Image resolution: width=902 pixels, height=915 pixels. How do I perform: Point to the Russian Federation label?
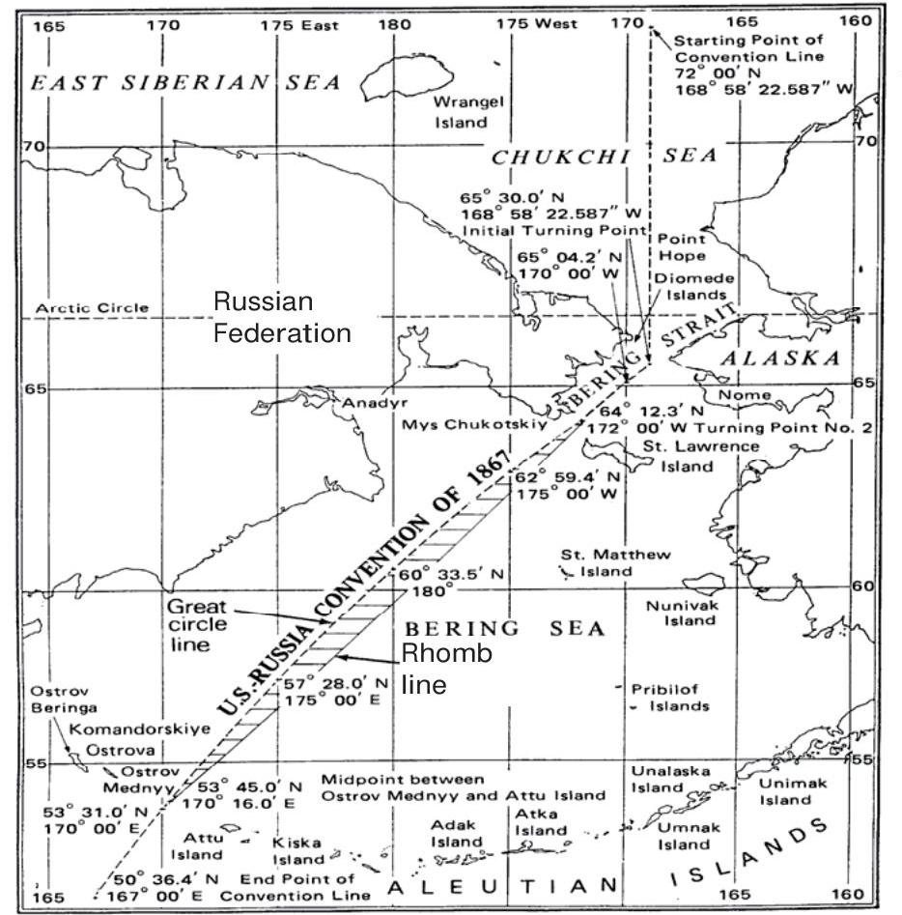tap(282, 317)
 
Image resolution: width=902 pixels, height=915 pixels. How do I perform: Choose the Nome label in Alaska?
tap(745, 394)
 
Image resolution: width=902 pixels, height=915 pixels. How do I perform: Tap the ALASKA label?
tap(780, 357)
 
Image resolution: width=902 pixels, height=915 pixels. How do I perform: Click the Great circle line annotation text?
tap(197, 624)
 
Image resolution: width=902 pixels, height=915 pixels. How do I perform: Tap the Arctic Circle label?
tap(93, 308)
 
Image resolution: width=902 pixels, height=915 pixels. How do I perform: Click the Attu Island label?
tap(198, 845)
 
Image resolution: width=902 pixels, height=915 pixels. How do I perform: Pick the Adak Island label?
tap(456, 833)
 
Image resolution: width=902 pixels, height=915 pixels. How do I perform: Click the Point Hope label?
tap(682, 246)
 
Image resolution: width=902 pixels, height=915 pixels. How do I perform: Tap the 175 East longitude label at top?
tap(299, 25)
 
